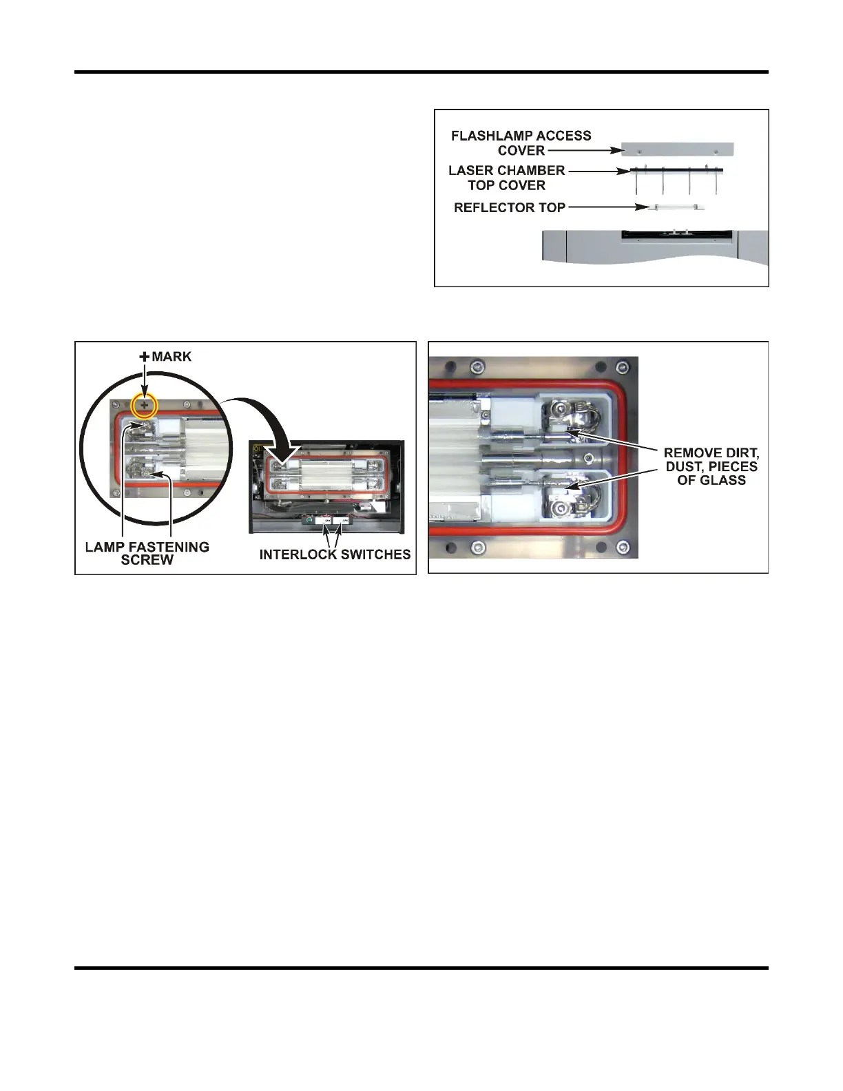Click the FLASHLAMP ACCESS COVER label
click(521, 143)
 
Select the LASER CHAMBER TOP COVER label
click(506, 178)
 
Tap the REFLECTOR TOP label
click(509, 207)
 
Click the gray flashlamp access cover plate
click(677, 149)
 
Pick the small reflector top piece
click(676, 207)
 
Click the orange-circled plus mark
click(145, 406)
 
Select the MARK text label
click(171, 357)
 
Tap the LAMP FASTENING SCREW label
click(147, 553)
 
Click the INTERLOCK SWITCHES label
click(335, 554)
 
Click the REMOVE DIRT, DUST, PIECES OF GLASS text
click(711, 466)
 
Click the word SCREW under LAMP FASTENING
click(147, 560)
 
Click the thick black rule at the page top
click(421, 72)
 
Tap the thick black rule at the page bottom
click(421, 968)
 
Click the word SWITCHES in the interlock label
click(374, 554)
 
